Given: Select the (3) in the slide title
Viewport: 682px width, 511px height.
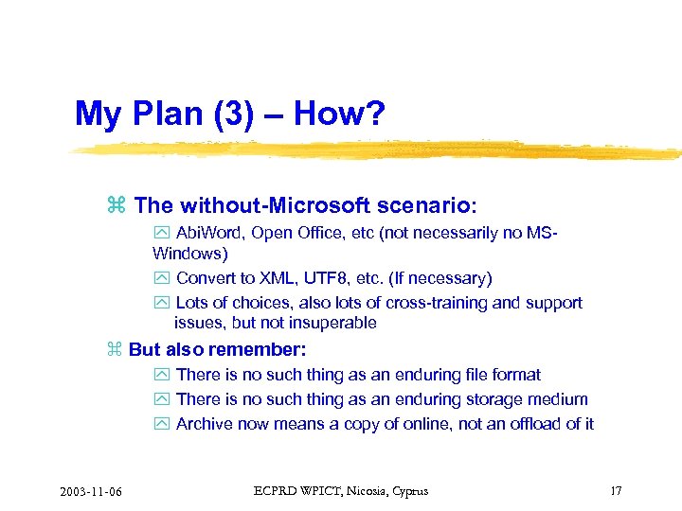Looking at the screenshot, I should pos(228,115).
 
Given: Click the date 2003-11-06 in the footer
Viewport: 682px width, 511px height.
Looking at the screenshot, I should pos(96,490).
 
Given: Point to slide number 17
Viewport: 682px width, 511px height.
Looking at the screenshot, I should pos(616,490).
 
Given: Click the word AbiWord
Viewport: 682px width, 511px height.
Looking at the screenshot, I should pos(208,234).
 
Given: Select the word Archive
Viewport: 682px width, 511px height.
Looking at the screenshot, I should pos(205,424).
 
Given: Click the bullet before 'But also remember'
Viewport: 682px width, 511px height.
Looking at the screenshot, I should pos(116,350).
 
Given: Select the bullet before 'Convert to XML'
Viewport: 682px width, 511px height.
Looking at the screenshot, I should pos(159,278).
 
